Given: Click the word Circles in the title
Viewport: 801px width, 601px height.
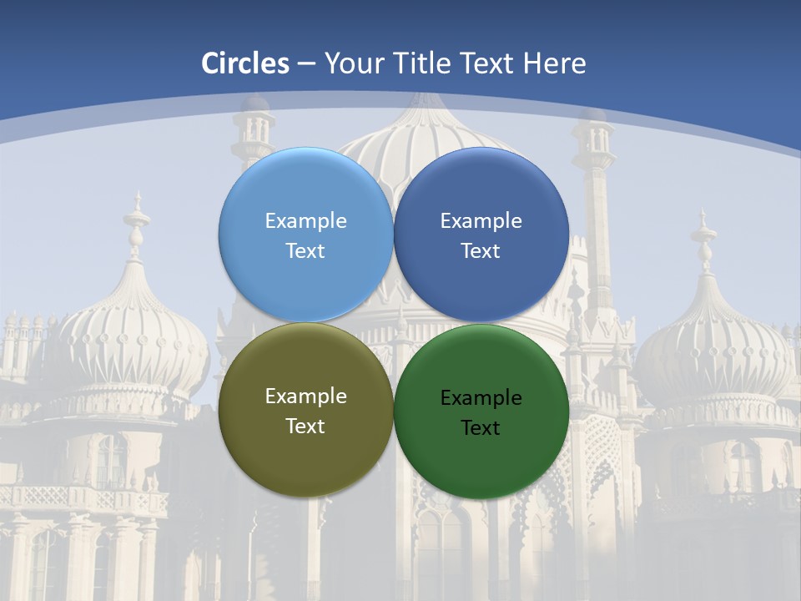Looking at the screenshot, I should pos(245,63).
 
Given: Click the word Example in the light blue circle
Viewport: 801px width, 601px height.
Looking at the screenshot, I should pos(305,220).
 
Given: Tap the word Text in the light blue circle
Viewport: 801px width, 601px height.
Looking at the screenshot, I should pos(305,250).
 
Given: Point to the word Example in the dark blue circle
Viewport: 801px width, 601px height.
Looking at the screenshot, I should pos(481,220).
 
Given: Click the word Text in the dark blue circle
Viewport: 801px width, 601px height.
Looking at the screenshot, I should pos(481,250).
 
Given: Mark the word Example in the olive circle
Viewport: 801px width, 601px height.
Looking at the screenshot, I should pos(305,396).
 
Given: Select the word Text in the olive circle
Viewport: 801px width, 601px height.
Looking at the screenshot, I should pos(305,426).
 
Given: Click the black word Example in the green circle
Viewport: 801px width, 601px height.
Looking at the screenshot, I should pos(481,397).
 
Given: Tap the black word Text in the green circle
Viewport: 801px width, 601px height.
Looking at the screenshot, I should pos(481,427).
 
